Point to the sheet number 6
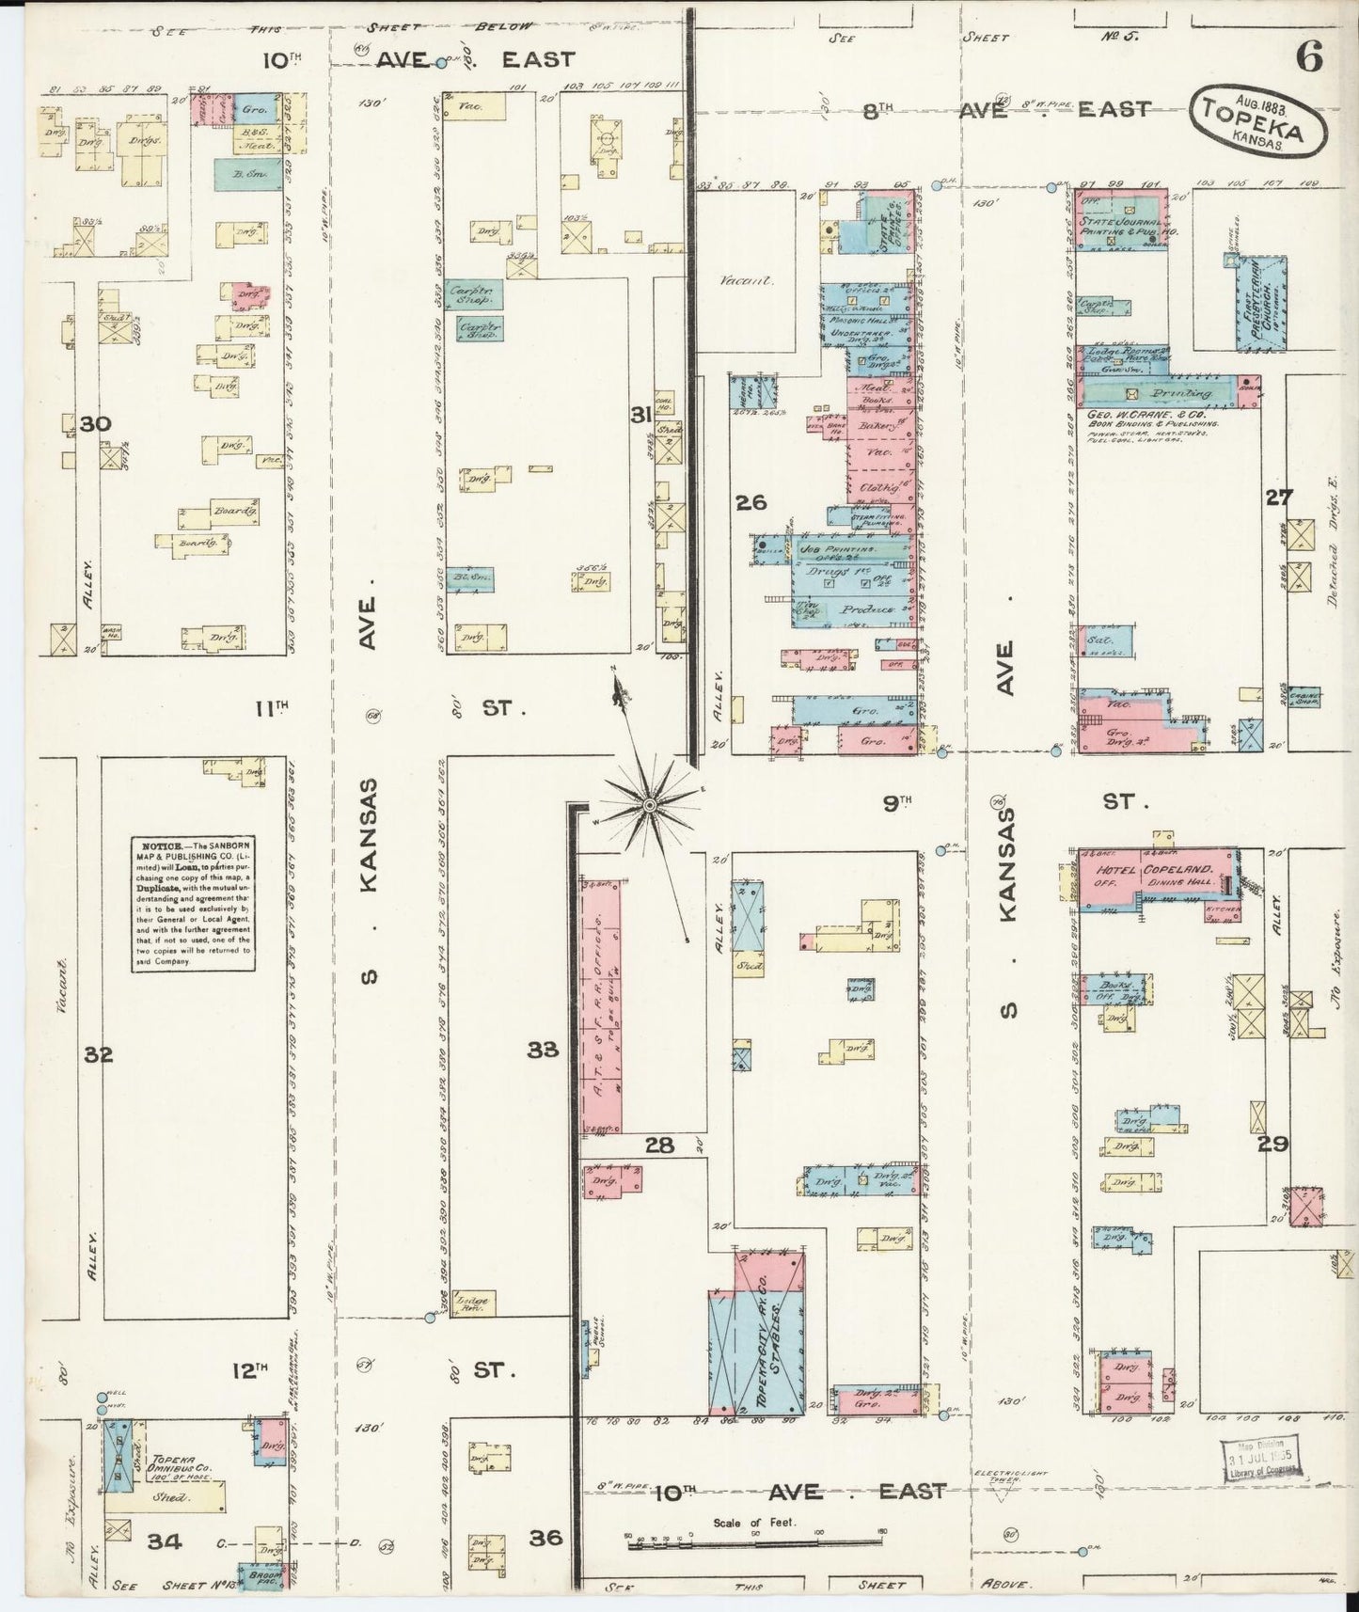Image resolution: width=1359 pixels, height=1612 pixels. (x=1308, y=58)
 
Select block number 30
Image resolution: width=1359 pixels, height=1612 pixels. (x=95, y=424)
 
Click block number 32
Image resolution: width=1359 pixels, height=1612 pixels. (x=98, y=1054)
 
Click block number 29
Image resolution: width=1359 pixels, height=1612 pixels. (x=1275, y=1144)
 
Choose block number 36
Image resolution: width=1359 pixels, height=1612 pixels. (x=545, y=1538)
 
